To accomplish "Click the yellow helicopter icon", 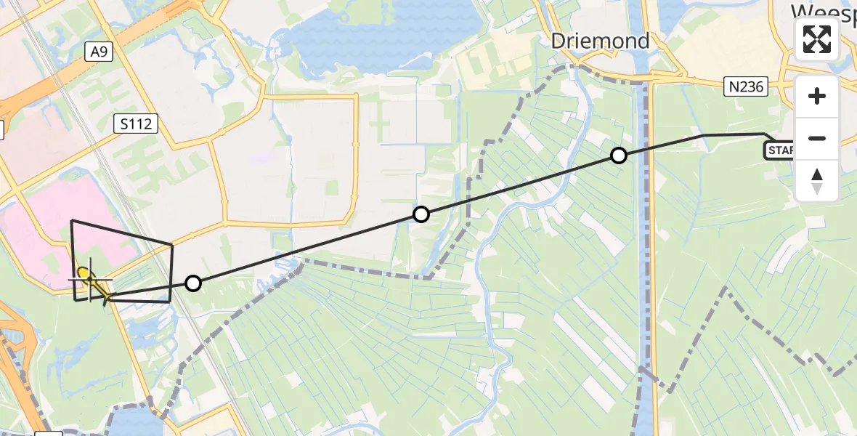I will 85,275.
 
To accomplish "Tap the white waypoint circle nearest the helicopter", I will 192,283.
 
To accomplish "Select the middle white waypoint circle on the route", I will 421,214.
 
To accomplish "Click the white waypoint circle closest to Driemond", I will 619,155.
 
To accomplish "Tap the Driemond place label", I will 600,41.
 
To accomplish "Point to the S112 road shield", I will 137,124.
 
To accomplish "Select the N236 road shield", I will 747,87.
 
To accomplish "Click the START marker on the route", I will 779,150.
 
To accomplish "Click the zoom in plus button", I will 817,96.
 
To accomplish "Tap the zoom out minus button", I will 817,138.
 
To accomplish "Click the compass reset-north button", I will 817,181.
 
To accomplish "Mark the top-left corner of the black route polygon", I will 71,220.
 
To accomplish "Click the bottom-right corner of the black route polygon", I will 170,301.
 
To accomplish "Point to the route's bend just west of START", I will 703,135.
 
